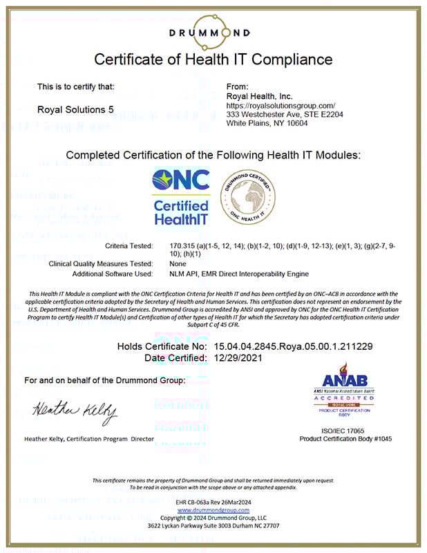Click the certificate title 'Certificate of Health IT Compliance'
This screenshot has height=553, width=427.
point(213,59)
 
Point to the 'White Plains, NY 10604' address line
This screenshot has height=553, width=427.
point(267,123)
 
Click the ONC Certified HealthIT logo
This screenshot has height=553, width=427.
point(180,197)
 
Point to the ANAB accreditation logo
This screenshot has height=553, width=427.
point(345,391)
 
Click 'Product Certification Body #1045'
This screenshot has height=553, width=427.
point(345,439)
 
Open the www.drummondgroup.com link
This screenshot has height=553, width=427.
point(213,510)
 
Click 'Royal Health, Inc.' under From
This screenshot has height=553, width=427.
point(260,96)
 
